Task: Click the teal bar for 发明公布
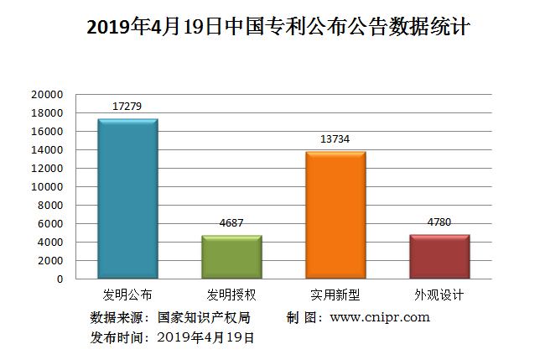[127, 199]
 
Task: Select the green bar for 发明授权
[231, 257]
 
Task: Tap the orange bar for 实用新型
[335, 215]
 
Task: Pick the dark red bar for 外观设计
[439, 257]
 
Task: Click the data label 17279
[127, 106]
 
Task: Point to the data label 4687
[231, 222]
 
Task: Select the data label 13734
[335, 138]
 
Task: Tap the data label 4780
[439, 222]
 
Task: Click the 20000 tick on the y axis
[48, 95]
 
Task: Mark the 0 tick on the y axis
[60, 279]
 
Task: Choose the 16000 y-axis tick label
[48, 132]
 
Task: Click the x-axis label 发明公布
[127, 295]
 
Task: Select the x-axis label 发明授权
[231, 295]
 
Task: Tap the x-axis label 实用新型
[335, 295]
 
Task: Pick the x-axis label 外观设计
[439, 295]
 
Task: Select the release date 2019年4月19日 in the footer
[205, 337]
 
